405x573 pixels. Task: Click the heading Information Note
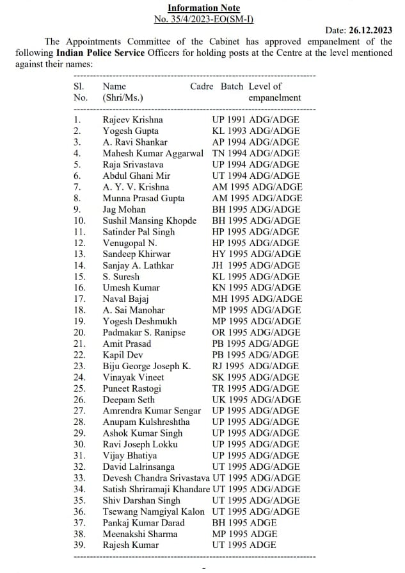point(203,8)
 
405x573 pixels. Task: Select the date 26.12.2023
point(370,30)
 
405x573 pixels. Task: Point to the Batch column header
point(232,87)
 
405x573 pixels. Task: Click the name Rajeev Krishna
point(132,120)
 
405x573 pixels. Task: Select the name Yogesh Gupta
point(130,131)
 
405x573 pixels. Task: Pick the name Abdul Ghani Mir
point(137,176)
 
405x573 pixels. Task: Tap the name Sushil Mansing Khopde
point(150,220)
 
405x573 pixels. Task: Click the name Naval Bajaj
point(126,299)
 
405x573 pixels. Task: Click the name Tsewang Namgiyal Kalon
point(154,511)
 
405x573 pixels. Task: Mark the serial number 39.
point(79,545)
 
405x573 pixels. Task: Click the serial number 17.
point(79,299)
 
